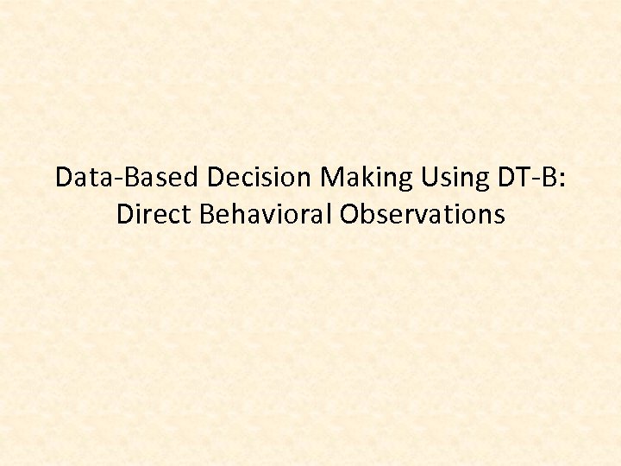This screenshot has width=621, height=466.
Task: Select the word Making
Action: (367, 178)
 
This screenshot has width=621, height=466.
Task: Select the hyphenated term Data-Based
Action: (128, 178)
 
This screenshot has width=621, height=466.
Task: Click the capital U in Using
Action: (427, 178)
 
